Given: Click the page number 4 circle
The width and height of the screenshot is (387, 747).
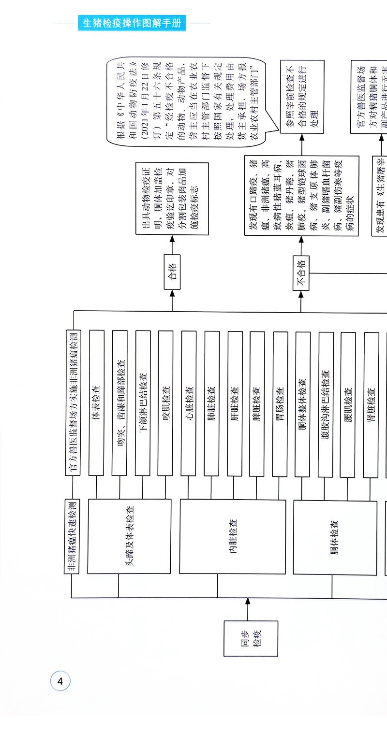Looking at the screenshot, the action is [60, 682].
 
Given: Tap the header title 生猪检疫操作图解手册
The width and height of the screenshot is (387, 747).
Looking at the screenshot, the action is [132, 23].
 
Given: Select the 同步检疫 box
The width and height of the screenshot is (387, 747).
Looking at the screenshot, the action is [251, 638].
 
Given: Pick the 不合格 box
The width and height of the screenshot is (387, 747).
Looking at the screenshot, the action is [300, 273].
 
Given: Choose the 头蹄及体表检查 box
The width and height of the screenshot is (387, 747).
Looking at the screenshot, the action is [129, 536].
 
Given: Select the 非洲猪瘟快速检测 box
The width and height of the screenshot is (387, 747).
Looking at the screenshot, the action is [72, 536].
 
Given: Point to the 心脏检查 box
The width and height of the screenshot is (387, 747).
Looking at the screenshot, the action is [189, 403].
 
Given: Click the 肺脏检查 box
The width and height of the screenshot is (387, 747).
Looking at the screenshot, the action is [211, 403].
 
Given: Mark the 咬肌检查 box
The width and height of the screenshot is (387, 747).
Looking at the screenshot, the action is [166, 403].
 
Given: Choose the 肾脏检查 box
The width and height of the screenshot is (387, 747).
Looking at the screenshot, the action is [371, 403].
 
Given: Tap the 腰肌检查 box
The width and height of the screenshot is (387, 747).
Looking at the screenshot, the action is [348, 403].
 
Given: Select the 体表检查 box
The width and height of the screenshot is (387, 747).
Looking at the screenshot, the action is [96, 403].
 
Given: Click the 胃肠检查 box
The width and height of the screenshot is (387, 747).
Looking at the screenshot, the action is [280, 403].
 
